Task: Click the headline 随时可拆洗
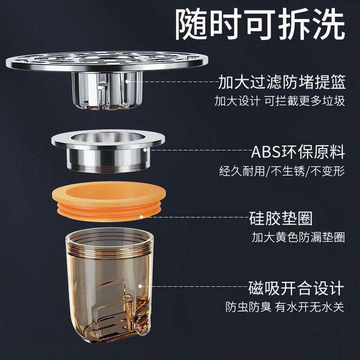[260, 24]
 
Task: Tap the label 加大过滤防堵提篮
[282, 82]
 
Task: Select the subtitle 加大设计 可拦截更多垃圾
[280, 101]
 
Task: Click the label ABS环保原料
[298, 152]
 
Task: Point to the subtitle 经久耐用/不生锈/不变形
[282, 171]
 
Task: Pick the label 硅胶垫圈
[281, 218]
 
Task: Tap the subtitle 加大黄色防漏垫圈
[298, 237]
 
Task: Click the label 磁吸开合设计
[296, 288]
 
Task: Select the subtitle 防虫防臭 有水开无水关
[285, 307]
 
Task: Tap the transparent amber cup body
[109, 285]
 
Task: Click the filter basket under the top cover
[107, 91]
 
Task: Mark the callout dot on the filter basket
[127, 81]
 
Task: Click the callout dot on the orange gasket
[141, 217]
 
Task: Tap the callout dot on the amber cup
[140, 286]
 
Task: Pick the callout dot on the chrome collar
[145, 150]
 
